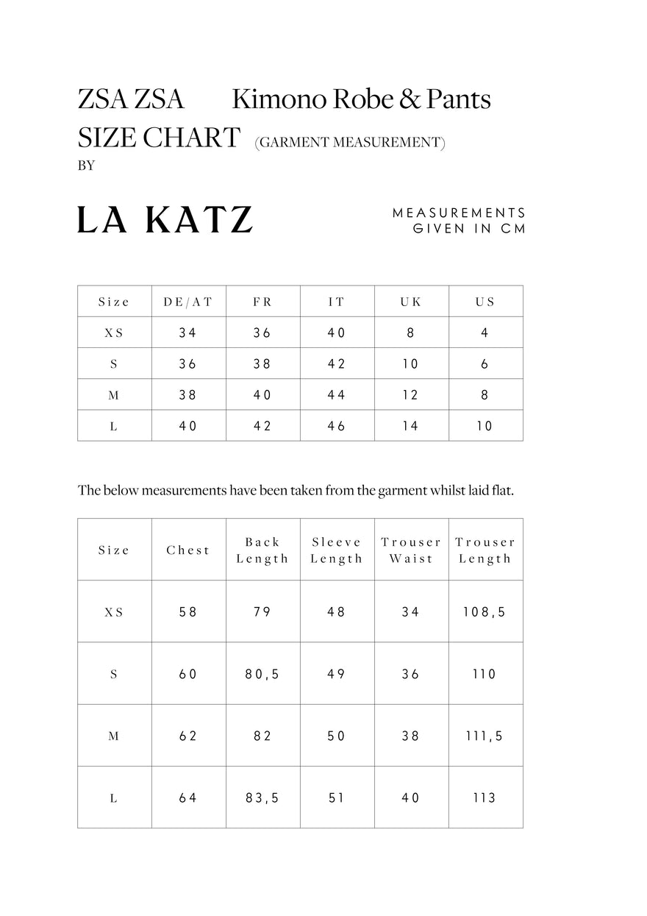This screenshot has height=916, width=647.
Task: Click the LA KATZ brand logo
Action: click(x=165, y=220)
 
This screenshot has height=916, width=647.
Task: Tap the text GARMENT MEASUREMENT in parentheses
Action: click(x=350, y=143)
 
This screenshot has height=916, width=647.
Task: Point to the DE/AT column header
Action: click(x=188, y=302)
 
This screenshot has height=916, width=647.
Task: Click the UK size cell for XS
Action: click(x=411, y=333)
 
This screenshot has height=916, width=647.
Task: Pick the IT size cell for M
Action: click(x=337, y=395)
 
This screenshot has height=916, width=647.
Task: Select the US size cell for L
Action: click(x=485, y=426)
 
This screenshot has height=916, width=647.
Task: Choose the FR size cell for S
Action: click(x=262, y=363)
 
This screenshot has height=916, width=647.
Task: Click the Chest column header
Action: click(x=188, y=550)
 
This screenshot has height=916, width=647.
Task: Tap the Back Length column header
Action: click(x=262, y=550)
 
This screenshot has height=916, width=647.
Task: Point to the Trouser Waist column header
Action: click(x=411, y=550)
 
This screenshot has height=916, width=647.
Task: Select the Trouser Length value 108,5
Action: click(x=485, y=611)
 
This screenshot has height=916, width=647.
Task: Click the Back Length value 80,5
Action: click(x=262, y=674)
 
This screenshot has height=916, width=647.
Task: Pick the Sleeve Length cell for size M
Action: click(x=337, y=736)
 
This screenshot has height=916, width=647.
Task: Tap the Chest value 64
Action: click(x=188, y=798)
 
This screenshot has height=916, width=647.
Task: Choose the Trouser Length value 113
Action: click(x=485, y=798)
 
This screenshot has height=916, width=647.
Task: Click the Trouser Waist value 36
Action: click(x=411, y=674)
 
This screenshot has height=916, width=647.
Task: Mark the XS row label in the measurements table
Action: click(x=114, y=611)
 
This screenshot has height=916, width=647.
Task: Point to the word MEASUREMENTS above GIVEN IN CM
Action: click(x=460, y=213)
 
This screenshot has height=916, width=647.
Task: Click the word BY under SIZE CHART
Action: click(x=86, y=166)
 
